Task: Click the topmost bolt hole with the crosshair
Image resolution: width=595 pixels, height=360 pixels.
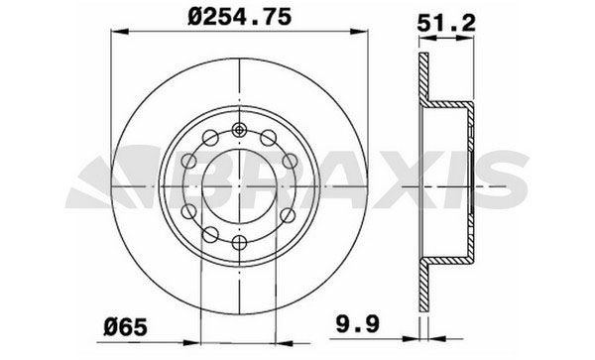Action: (x=240, y=129)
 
